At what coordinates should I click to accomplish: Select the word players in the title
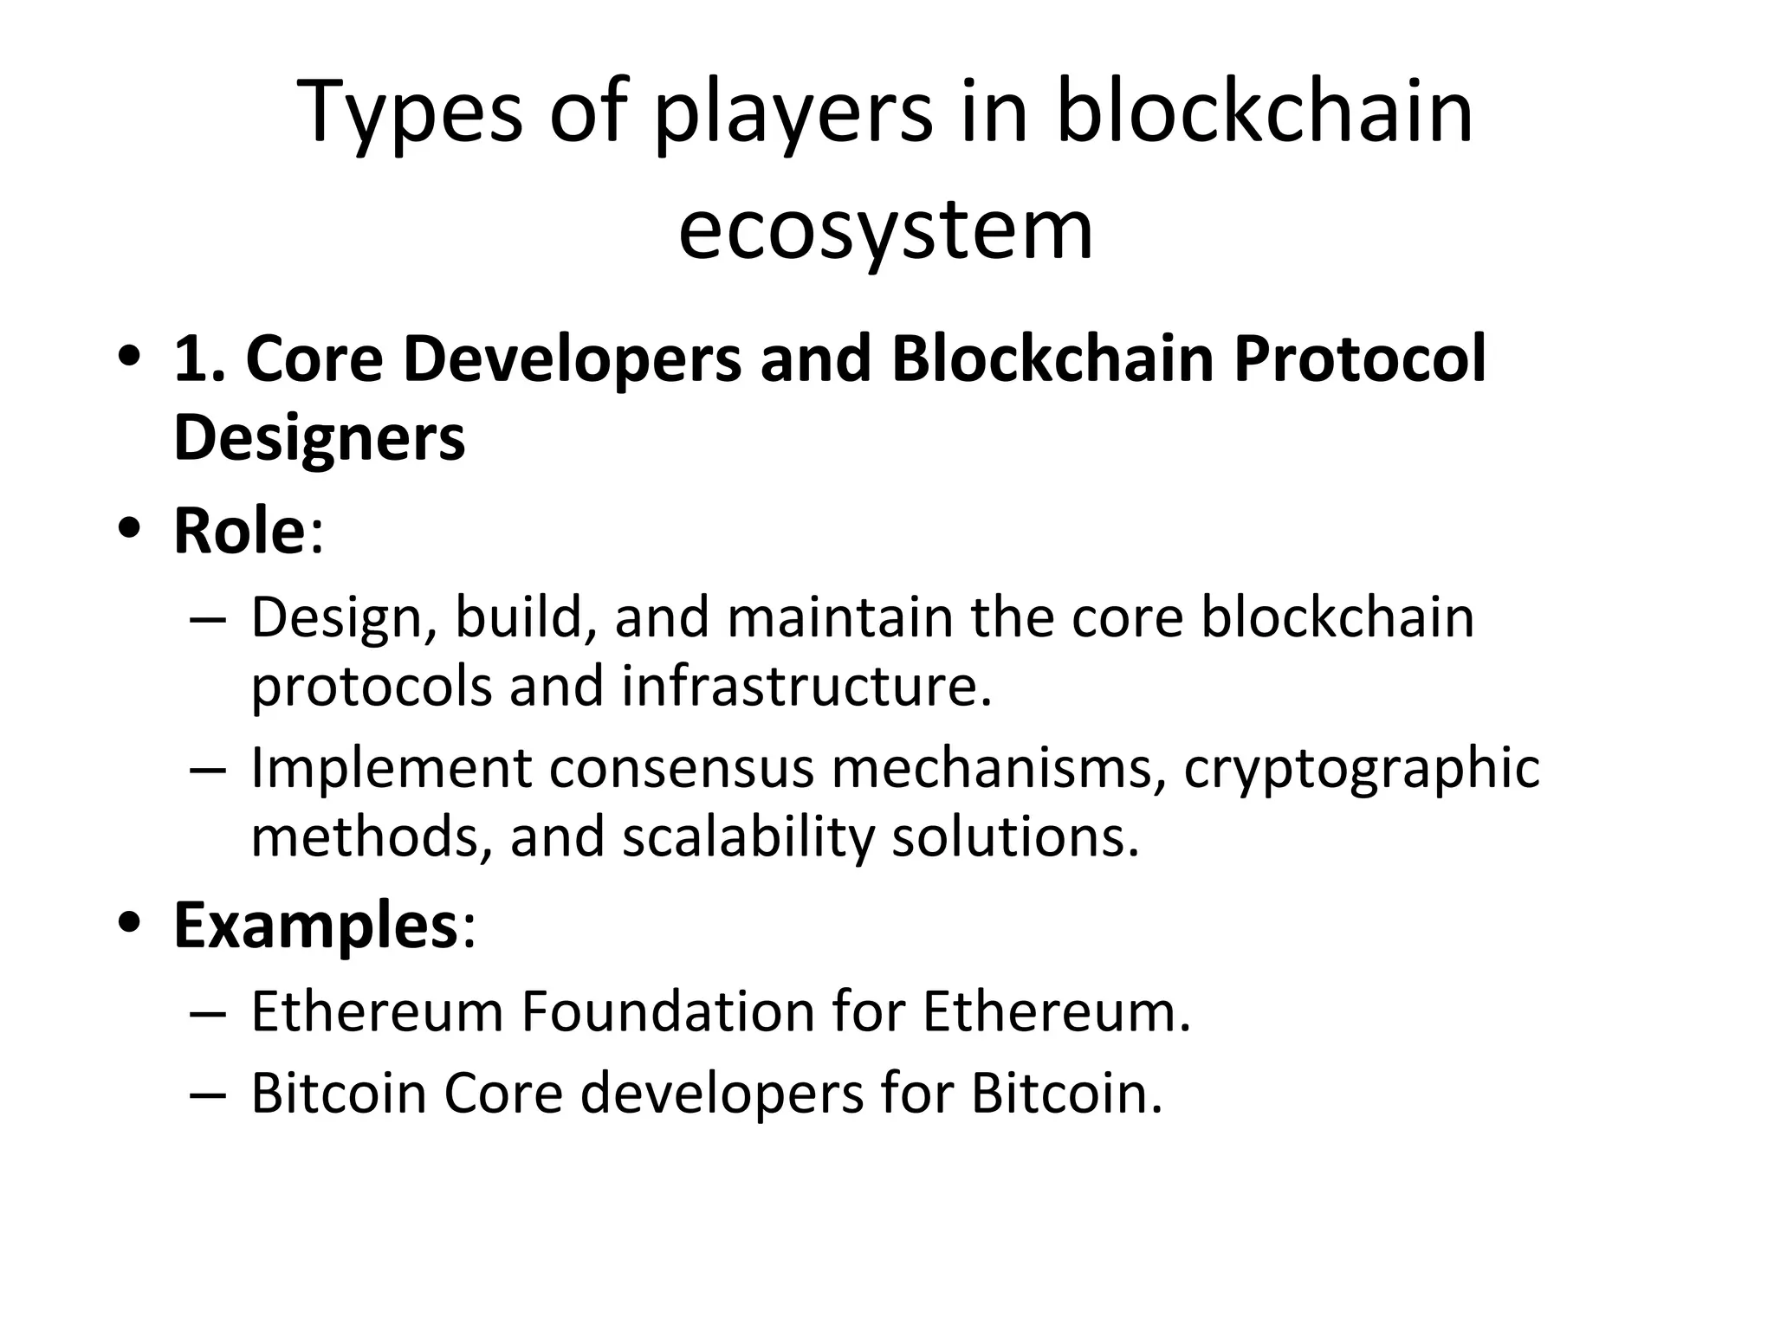click(x=793, y=113)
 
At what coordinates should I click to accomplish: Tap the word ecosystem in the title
click(x=885, y=229)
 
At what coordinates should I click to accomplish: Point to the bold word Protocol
click(x=1359, y=358)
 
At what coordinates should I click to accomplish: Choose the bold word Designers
click(x=319, y=437)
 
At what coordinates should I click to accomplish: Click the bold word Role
click(x=239, y=530)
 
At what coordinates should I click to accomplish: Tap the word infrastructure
click(x=806, y=687)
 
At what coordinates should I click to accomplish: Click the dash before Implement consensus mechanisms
click(x=207, y=769)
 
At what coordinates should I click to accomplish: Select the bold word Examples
click(x=315, y=926)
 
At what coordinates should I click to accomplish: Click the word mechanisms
click(x=997, y=769)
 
